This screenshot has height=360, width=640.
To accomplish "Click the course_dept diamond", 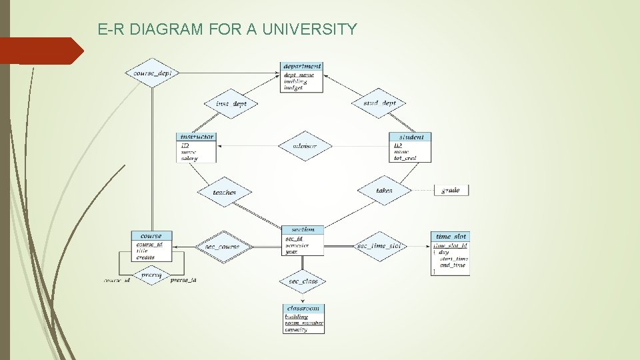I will coord(153,73).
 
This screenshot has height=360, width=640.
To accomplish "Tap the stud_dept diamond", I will coord(379,103).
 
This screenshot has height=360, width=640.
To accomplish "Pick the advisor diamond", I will coord(304,146).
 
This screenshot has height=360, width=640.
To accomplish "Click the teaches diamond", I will coord(224,192).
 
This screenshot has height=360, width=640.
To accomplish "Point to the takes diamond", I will coord(384,191).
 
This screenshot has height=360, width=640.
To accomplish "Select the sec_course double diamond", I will coord(222,247).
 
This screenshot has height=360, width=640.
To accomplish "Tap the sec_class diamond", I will coord(303,281).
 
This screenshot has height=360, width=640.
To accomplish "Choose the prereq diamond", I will coord(151,275).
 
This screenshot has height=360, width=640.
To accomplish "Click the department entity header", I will coord(302,66).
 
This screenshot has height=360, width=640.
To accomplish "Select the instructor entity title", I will coord(197,137).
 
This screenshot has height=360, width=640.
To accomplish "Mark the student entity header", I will coord(410,137).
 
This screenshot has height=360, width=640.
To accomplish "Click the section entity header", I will coord(303,229).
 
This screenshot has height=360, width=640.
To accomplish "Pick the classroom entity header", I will coord(303,308).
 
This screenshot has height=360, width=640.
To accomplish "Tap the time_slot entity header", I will coord(451,236).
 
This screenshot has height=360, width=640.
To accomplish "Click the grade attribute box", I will coord(451,190).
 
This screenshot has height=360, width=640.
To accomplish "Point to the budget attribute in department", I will coord(293,88).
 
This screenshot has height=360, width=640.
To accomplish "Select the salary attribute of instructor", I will coord(189,159).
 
